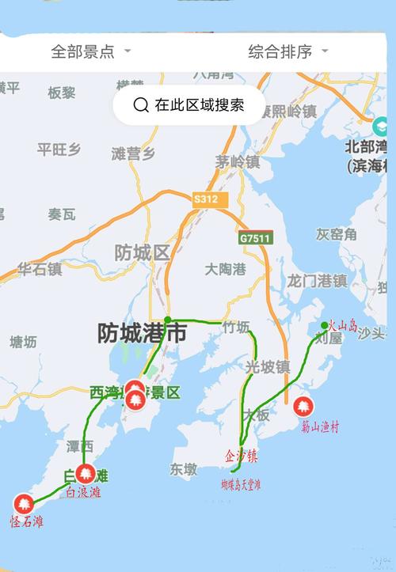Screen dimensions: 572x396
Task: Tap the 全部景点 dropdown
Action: [x=90, y=51]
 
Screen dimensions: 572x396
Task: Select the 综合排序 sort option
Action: [x=287, y=51]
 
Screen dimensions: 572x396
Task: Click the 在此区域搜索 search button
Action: [x=188, y=104]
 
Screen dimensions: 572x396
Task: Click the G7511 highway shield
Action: [x=255, y=237]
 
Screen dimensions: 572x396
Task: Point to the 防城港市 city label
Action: [x=143, y=333]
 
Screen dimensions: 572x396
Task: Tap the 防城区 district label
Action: [x=143, y=253]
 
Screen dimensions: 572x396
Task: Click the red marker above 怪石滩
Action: [x=24, y=502]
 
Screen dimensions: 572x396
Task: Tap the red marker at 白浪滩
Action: [x=86, y=473]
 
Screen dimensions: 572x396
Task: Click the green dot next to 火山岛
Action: [x=324, y=325]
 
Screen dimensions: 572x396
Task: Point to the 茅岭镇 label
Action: [x=237, y=162]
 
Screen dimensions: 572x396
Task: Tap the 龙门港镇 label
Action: [x=317, y=280]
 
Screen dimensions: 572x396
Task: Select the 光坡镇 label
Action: [x=267, y=366]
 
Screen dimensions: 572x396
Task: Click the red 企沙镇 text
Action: [x=241, y=456]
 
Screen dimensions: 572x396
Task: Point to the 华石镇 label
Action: [x=40, y=269]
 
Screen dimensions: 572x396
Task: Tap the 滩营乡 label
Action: [x=133, y=153]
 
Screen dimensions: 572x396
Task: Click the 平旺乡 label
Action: [x=59, y=150]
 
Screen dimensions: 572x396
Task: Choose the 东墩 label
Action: [x=183, y=468]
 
